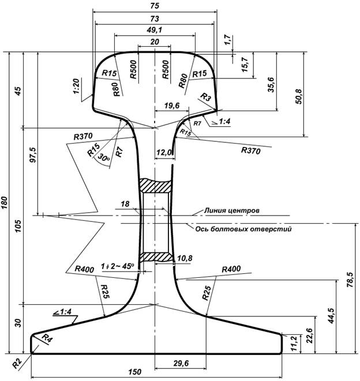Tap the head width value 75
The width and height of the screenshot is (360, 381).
point(155,6)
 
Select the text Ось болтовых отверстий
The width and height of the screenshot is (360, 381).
point(242,229)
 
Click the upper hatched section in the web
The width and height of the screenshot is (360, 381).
point(156,186)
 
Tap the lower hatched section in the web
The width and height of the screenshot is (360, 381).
point(156,256)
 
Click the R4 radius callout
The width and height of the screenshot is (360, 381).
point(46,340)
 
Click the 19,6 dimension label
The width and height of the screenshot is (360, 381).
point(171,105)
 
